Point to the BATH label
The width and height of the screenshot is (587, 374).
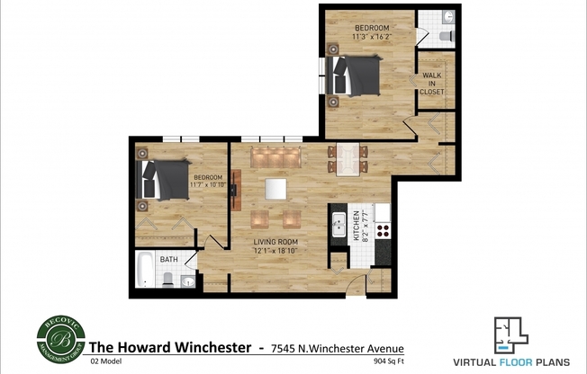(x=168, y=260)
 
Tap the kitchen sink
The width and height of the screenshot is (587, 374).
(x=339, y=226)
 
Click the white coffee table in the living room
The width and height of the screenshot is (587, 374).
(x=275, y=189)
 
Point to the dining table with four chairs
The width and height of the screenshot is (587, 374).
(x=347, y=158)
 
